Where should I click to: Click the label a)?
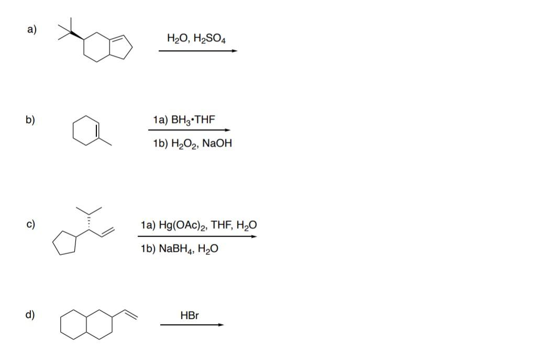pyautogui.click(x=31, y=29)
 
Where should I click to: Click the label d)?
pyautogui.click(x=30, y=315)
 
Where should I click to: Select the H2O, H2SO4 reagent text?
pyautogui.click(x=196, y=38)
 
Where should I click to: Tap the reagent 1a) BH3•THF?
pyautogui.click(x=184, y=120)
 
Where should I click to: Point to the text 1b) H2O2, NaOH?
pyautogui.click(x=192, y=143)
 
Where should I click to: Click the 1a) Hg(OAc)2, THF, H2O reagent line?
pyautogui.click(x=199, y=226)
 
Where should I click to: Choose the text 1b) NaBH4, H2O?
pyautogui.click(x=180, y=249)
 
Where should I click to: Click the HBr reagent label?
pyautogui.click(x=190, y=316)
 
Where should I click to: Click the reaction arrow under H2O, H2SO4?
pyautogui.click(x=198, y=51)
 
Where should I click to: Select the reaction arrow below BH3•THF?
pyautogui.click(x=190, y=130)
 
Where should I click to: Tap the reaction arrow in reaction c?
pyautogui.click(x=197, y=237)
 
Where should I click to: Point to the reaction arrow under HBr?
pyautogui.click(x=192, y=325)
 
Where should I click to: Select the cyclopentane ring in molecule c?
pyautogui.click(x=65, y=244)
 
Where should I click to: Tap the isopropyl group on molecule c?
pyautogui.click(x=88, y=209)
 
